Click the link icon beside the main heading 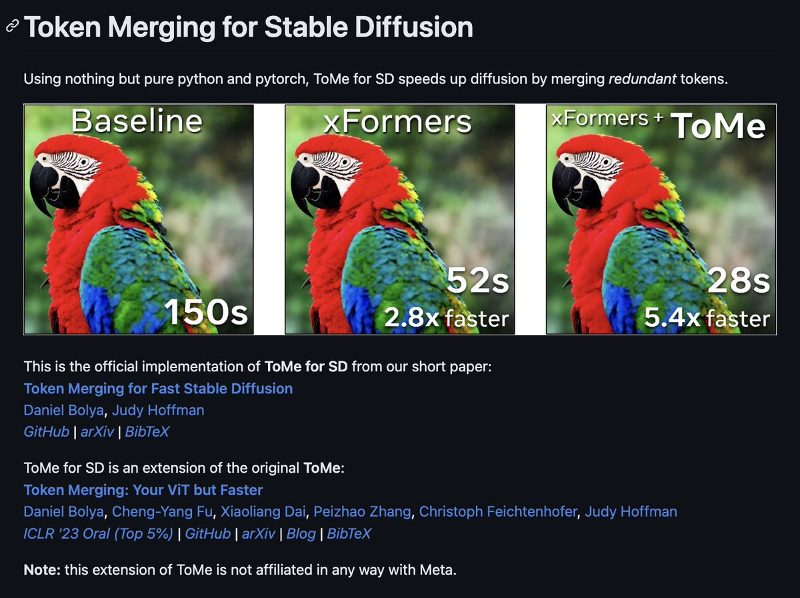click(11, 27)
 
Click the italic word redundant click(641, 79)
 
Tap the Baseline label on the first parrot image click(137, 121)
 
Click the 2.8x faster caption click(446, 319)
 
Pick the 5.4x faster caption click(707, 319)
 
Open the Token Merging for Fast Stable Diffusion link click(158, 389)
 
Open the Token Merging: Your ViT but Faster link click(143, 490)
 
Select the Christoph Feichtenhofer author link click(499, 511)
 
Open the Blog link click(301, 533)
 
